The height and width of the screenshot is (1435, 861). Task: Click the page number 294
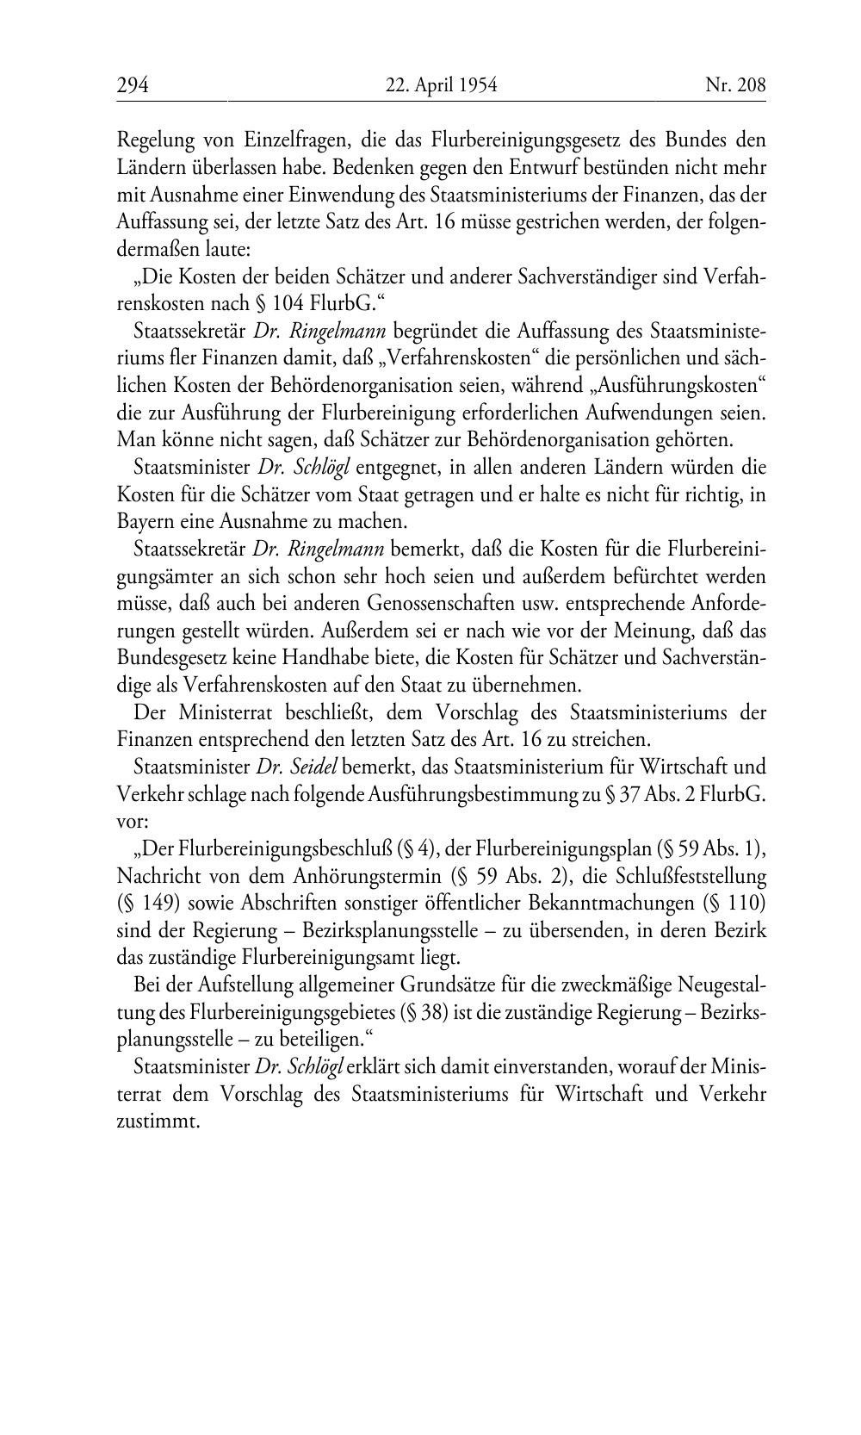(133, 85)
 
